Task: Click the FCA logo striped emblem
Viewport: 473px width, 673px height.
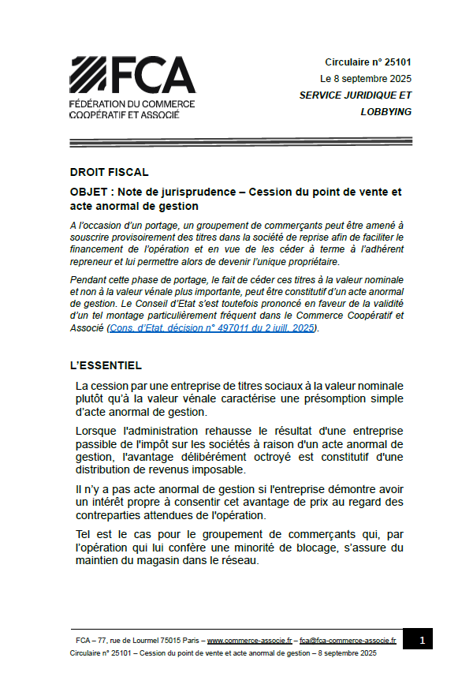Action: click(x=89, y=75)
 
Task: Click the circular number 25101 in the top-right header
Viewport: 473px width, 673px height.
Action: click(x=397, y=62)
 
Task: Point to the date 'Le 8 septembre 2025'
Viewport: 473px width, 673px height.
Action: click(x=365, y=79)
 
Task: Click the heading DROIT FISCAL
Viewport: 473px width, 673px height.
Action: click(x=109, y=172)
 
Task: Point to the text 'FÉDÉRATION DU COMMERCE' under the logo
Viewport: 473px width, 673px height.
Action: click(x=132, y=104)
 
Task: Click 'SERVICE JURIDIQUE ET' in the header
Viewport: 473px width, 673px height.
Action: click(x=356, y=95)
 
